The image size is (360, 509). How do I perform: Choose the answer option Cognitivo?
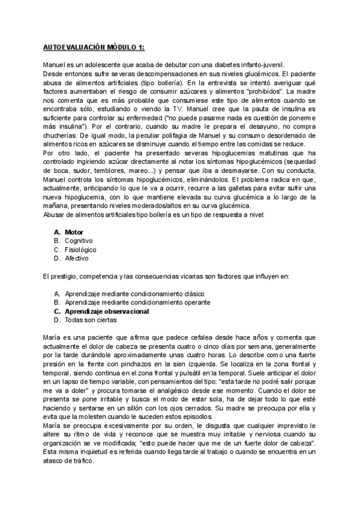point(79,241)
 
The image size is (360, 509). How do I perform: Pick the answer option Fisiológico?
point(80,250)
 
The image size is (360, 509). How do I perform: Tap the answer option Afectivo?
point(77,259)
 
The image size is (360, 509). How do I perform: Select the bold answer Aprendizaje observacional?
point(107,312)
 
